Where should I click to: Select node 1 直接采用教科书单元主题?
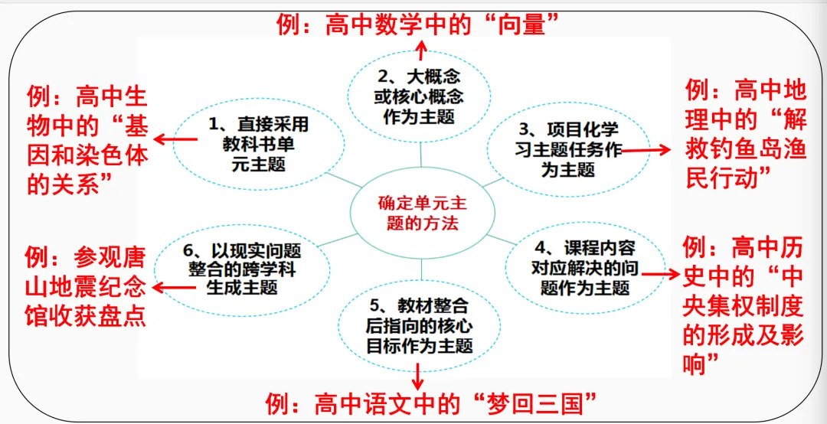(259, 145)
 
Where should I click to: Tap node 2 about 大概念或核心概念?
(421, 97)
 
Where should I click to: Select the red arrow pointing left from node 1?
(175, 139)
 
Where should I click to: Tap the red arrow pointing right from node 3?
(646, 150)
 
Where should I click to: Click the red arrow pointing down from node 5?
(419, 376)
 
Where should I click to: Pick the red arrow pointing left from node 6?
(174, 288)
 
